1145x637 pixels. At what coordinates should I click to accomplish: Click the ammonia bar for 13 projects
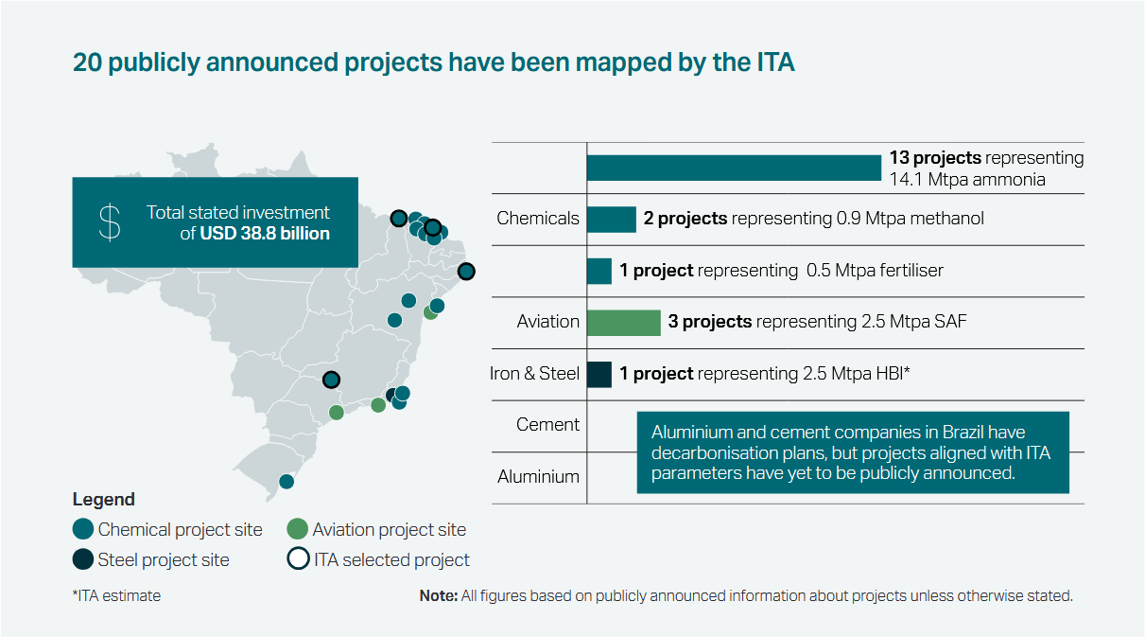pyautogui.click(x=734, y=168)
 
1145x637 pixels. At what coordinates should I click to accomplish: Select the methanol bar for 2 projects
pyautogui.click(x=611, y=219)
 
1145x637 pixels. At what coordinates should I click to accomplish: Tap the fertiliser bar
pyautogui.click(x=599, y=271)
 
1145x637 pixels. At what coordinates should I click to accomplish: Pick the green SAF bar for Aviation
pyautogui.click(x=623, y=322)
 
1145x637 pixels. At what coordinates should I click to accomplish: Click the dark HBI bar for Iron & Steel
pyautogui.click(x=599, y=374)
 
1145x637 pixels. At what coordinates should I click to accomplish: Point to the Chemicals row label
pyautogui.click(x=537, y=219)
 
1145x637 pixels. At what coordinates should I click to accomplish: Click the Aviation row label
pyautogui.click(x=547, y=322)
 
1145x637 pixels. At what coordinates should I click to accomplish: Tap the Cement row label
pyautogui.click(x=547, y=425)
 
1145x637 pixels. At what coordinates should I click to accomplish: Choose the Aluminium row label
pyautogui.click(x=538, y=476)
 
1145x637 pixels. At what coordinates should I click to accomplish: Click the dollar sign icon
pyautogui.click(x=111, y=221)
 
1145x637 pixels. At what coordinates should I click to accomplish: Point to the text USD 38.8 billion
pyautogui.click(x=265, y=233)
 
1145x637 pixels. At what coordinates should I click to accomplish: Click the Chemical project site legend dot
pyautogui.click(x=82, y=529)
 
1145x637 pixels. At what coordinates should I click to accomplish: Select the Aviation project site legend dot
pyautogui.click(x=297, y=529)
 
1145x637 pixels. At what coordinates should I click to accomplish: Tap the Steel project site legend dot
pyautogui.click(x=82, y=559)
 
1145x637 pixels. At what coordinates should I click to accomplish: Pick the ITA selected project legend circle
pyautogui.click(x=297, y=559)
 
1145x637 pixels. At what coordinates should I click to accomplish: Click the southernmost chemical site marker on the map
pyautogui.click(x=286, y=481)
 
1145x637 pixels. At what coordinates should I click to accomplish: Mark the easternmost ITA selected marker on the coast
pyautogui.click(x=466, y=272)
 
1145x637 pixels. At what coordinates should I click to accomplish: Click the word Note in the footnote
pyautogui.click(x=438, y=596)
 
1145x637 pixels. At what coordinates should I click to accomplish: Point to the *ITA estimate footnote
pyautogui.click(x=116, y=596)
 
